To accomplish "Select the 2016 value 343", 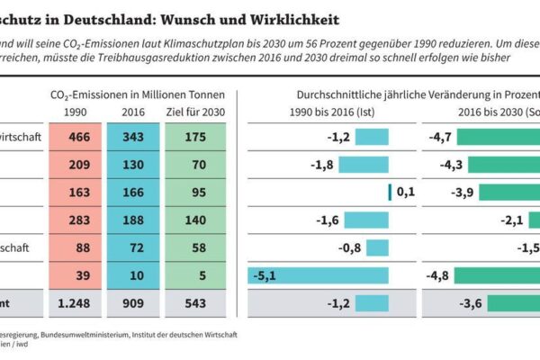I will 133,137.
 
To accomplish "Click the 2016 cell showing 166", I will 133,193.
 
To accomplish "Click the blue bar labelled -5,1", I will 319,276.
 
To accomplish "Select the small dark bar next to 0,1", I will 390,193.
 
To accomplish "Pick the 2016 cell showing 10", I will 133,276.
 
